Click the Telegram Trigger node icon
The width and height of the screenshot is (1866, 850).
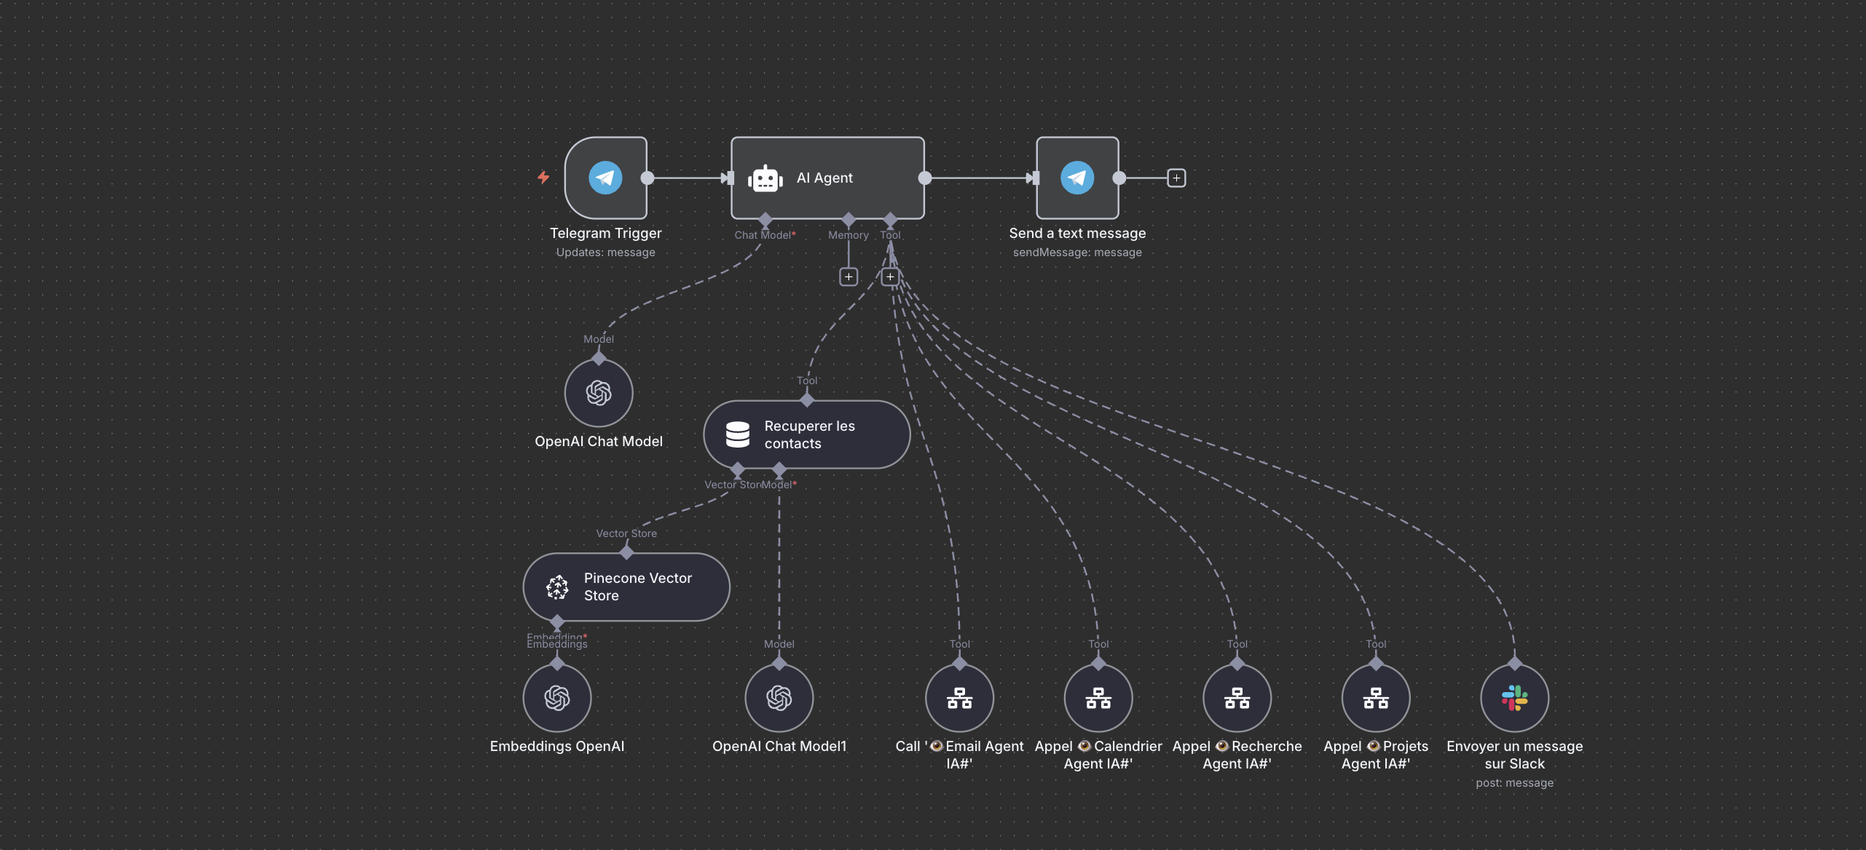pyautogui.click(x=605, y=178)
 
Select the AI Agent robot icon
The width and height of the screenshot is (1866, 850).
pyautogui.click(x=765, y=178)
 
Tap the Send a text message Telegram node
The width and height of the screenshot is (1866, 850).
pyautogui.click(x=1077, y=178)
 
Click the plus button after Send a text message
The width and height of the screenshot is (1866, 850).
pyautogui.click(x=1176, y=178)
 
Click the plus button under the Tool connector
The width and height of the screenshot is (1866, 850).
pyautogui.click(x=890, y=277)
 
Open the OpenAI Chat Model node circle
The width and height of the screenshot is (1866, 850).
pyautogui.click(x=599, y=393)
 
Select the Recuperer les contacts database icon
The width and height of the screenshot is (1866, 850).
pyautogui.click(x=738, y=434)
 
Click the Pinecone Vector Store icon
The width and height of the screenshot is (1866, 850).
pyautogui.click(x=558, y=587)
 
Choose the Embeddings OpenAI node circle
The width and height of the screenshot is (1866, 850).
pyautogui.click(x=557, y=698)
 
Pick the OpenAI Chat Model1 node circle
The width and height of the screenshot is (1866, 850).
pyautogui.click(x=779, y=698)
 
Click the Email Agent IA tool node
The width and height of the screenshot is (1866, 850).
pyautogui.click(x=959, y=698)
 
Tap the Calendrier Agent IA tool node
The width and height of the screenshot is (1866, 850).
pyautogui.click(x=1098, y=698)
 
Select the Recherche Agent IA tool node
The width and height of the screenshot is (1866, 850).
pyautogui.click(x=1237, y=698)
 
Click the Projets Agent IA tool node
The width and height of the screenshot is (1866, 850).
pyautogui.click(x=1376, y=698)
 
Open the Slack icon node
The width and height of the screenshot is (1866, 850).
pyautogui.click(x=1514, y=698)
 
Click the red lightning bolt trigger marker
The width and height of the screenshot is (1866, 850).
pyautogui.click(x=543, y=177)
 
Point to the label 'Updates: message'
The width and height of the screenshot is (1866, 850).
pyautogui.click(x=605, y=253)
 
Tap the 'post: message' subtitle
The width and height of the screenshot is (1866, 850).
pyautogui.click(x=1514, y=783)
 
